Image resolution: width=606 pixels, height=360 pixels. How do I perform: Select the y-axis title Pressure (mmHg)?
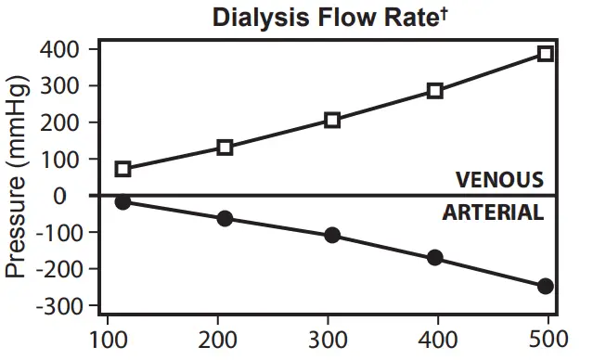(x=18, y=176)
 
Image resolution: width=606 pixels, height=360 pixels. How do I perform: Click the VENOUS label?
(x=498, y=179)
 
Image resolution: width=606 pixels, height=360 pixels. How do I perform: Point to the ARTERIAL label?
(x=493, y=212)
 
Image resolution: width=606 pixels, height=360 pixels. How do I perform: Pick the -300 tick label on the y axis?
(x=56, y=305)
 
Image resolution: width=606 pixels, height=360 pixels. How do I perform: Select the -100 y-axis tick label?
(x=56, y=232)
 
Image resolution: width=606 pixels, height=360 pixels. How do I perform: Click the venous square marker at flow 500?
(x=546, y=53)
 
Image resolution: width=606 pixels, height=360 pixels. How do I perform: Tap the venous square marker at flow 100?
(x=123, y=169)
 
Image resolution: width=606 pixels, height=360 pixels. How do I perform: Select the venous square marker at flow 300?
(x=332, y=120)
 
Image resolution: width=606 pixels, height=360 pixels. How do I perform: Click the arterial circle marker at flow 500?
(x=546, y=286)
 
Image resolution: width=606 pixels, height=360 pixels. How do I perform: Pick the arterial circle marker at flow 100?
(x=123, y=201)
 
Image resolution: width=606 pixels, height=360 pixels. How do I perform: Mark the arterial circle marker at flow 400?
(x=434, y=257)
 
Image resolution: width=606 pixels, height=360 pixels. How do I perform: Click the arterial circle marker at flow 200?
(x=225, y=218)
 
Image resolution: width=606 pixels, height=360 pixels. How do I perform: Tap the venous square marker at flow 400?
(x=434, y=91)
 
